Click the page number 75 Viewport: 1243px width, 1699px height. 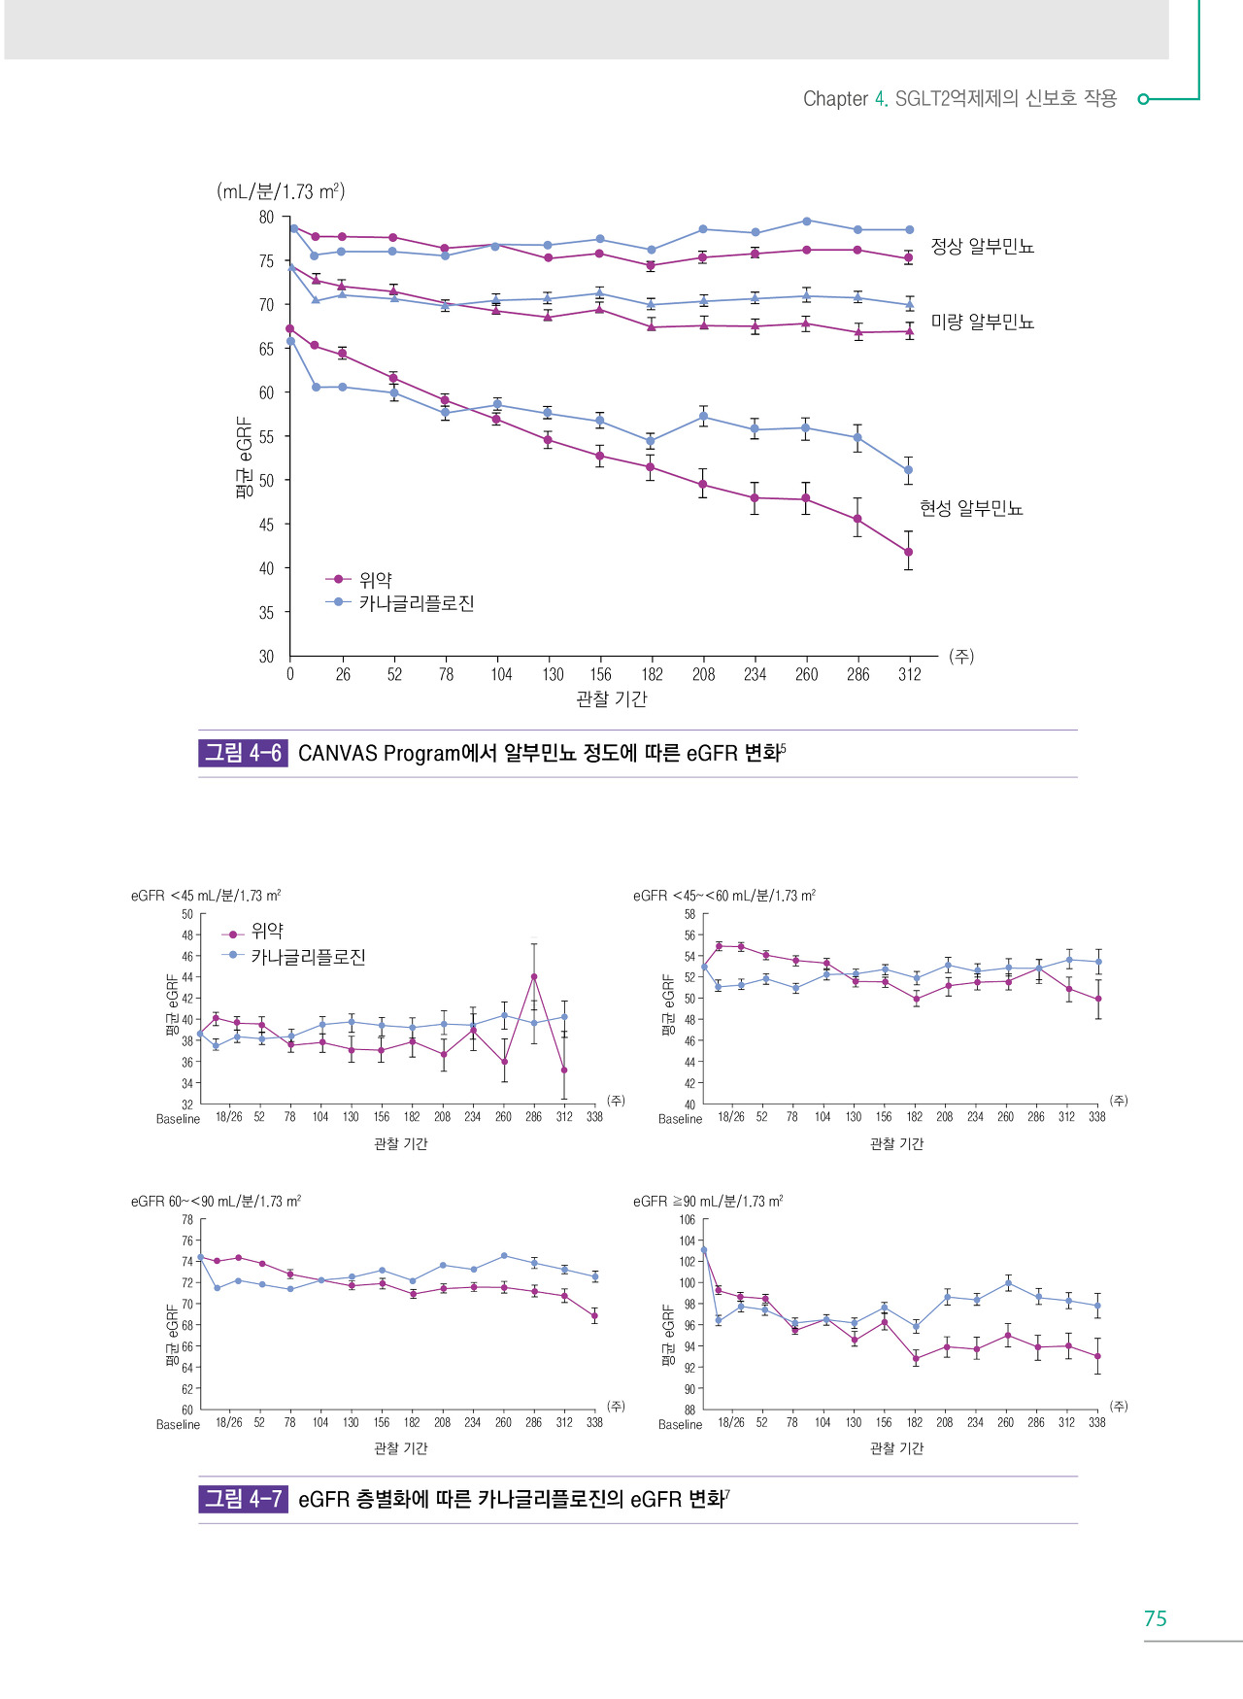tap(1155, 1618)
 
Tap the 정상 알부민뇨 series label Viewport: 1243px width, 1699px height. tap(982, 247)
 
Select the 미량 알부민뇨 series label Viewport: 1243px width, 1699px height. tap(982, 322)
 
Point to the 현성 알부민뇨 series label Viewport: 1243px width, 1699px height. tap(970, 508)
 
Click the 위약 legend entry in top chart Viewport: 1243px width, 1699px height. tap(375, 580)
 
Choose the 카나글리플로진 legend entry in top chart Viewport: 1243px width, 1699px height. tap(416, 603)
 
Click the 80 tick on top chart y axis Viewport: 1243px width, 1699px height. tap(266, 218)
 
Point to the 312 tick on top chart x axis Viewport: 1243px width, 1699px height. tap(909, 674)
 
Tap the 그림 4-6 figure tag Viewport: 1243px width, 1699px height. tap(243, 753)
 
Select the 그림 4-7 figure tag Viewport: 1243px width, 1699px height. tap(243, 1499)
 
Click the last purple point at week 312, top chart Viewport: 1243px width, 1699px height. tap(908, 552)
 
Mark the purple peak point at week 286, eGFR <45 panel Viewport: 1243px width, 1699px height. tap(534, 977)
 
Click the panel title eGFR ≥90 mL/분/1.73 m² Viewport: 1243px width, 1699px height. tap(707, 1202)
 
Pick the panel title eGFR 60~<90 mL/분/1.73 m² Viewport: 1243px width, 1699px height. tap(216, 1202)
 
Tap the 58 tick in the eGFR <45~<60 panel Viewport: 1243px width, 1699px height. tap(689, 914)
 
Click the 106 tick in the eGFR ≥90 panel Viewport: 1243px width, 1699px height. tap(687, 1220)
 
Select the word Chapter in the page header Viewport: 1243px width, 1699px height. tap(835, 99)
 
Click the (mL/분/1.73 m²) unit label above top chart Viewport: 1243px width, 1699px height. tap(281, 191)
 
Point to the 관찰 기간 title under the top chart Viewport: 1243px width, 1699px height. tap(611, 698)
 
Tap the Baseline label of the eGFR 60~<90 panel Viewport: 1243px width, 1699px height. tap(178, 1425)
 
